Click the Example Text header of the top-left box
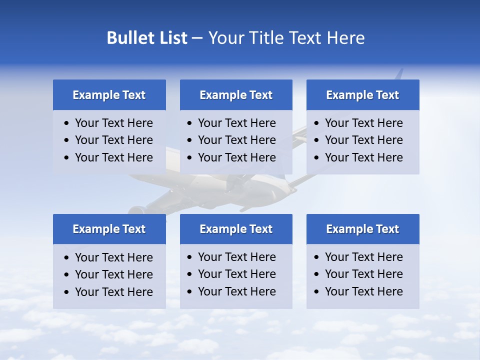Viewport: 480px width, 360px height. (109, 95)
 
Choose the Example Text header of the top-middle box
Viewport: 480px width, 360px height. (236, 95)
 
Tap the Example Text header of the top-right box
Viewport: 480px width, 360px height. (362, 95)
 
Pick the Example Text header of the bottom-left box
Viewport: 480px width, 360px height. (109, 229)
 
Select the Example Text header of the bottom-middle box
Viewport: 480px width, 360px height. (236, 229)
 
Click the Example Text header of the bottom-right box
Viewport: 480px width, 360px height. (362, 229)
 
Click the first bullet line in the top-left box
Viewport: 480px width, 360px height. (113, 123)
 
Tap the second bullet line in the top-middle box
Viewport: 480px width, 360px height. (236, 140)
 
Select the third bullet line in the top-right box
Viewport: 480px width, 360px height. (363, 157)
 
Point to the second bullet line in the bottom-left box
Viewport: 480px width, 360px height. (113, 274)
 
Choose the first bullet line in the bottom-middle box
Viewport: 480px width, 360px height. (236, 257)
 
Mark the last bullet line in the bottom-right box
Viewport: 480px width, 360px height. (363, 291)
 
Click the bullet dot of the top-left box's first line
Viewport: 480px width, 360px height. (67, 123)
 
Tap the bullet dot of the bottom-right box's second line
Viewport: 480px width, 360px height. (317, 274)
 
